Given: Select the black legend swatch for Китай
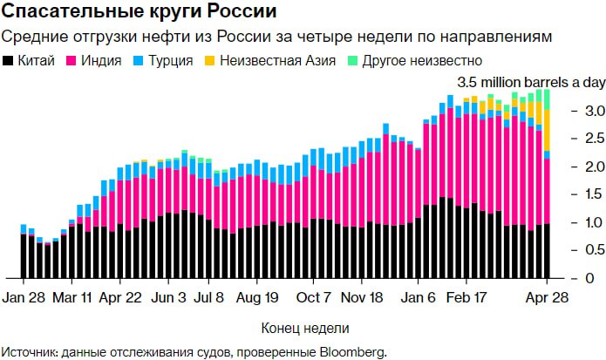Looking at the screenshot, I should (x=9, y=61).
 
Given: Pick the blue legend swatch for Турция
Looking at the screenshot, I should (x=140, y=61).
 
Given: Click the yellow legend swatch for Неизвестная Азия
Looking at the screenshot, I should (x=210, y=61).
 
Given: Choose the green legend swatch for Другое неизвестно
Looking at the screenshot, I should (x=352, y=61).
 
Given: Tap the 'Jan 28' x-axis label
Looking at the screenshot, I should (x=24, y=297).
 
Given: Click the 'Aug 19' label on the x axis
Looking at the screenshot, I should (x=257, y=297).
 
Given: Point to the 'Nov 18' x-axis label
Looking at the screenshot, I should (x=362, y=297).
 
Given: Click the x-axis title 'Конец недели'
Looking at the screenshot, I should (x=305, y=329).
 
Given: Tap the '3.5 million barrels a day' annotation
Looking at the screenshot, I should (x=521, y=82).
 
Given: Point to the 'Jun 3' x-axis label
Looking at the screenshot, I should (x=170, y=297).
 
